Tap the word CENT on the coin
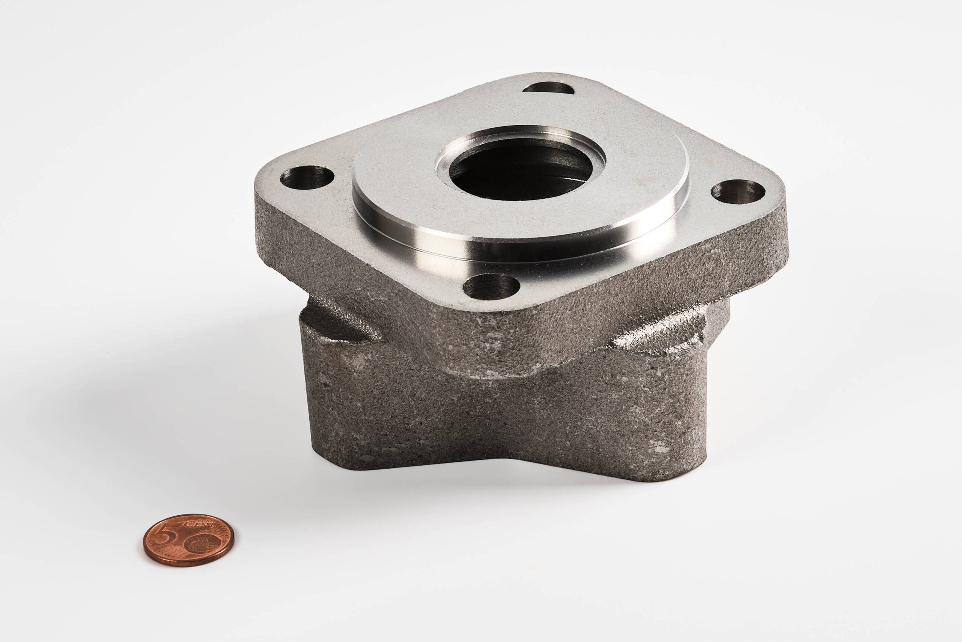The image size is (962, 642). (199, 524)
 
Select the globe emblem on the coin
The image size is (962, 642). (203, 543)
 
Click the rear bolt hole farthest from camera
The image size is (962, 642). (548, 88)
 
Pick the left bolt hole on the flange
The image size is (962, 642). (307, 177)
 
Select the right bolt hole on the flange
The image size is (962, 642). (738, 191)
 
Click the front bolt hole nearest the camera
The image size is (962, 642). (491, 286)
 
